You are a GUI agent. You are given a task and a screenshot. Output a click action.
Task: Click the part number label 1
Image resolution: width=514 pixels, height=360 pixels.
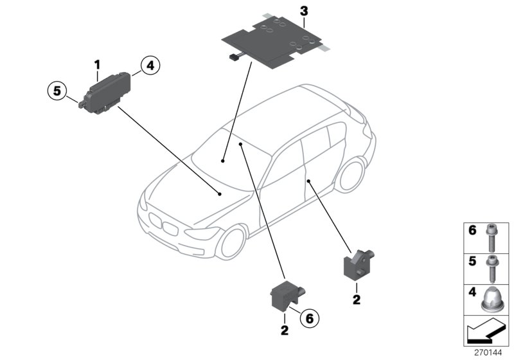coord(98,64)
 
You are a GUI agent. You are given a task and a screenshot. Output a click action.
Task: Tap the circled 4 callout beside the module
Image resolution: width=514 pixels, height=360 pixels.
coord(148,65)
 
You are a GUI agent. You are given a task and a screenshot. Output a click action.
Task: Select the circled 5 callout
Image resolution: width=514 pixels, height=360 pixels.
coord(57,91)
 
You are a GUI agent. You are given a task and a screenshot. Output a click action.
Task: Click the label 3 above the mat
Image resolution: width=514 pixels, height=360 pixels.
coord(304,10)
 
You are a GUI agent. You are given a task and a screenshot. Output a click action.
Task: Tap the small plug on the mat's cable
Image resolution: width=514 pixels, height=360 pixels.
coord(231,59)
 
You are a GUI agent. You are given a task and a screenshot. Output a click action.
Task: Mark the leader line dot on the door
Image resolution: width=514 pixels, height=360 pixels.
coord(309,182)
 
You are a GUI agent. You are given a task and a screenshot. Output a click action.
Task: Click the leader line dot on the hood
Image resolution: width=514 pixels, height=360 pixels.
coord(220,193)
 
